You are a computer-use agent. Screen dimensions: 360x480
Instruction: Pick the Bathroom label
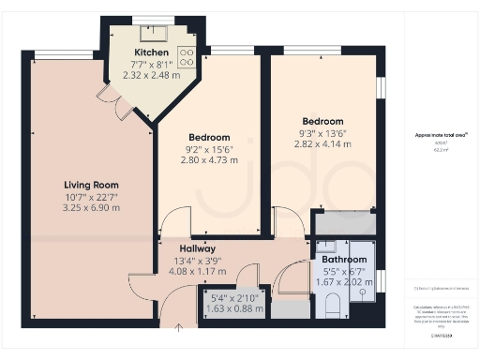pyautogui.click(x=343, y=259)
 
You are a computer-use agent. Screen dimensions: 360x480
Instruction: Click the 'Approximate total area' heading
pyautogui.click(x=441, y=135)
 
